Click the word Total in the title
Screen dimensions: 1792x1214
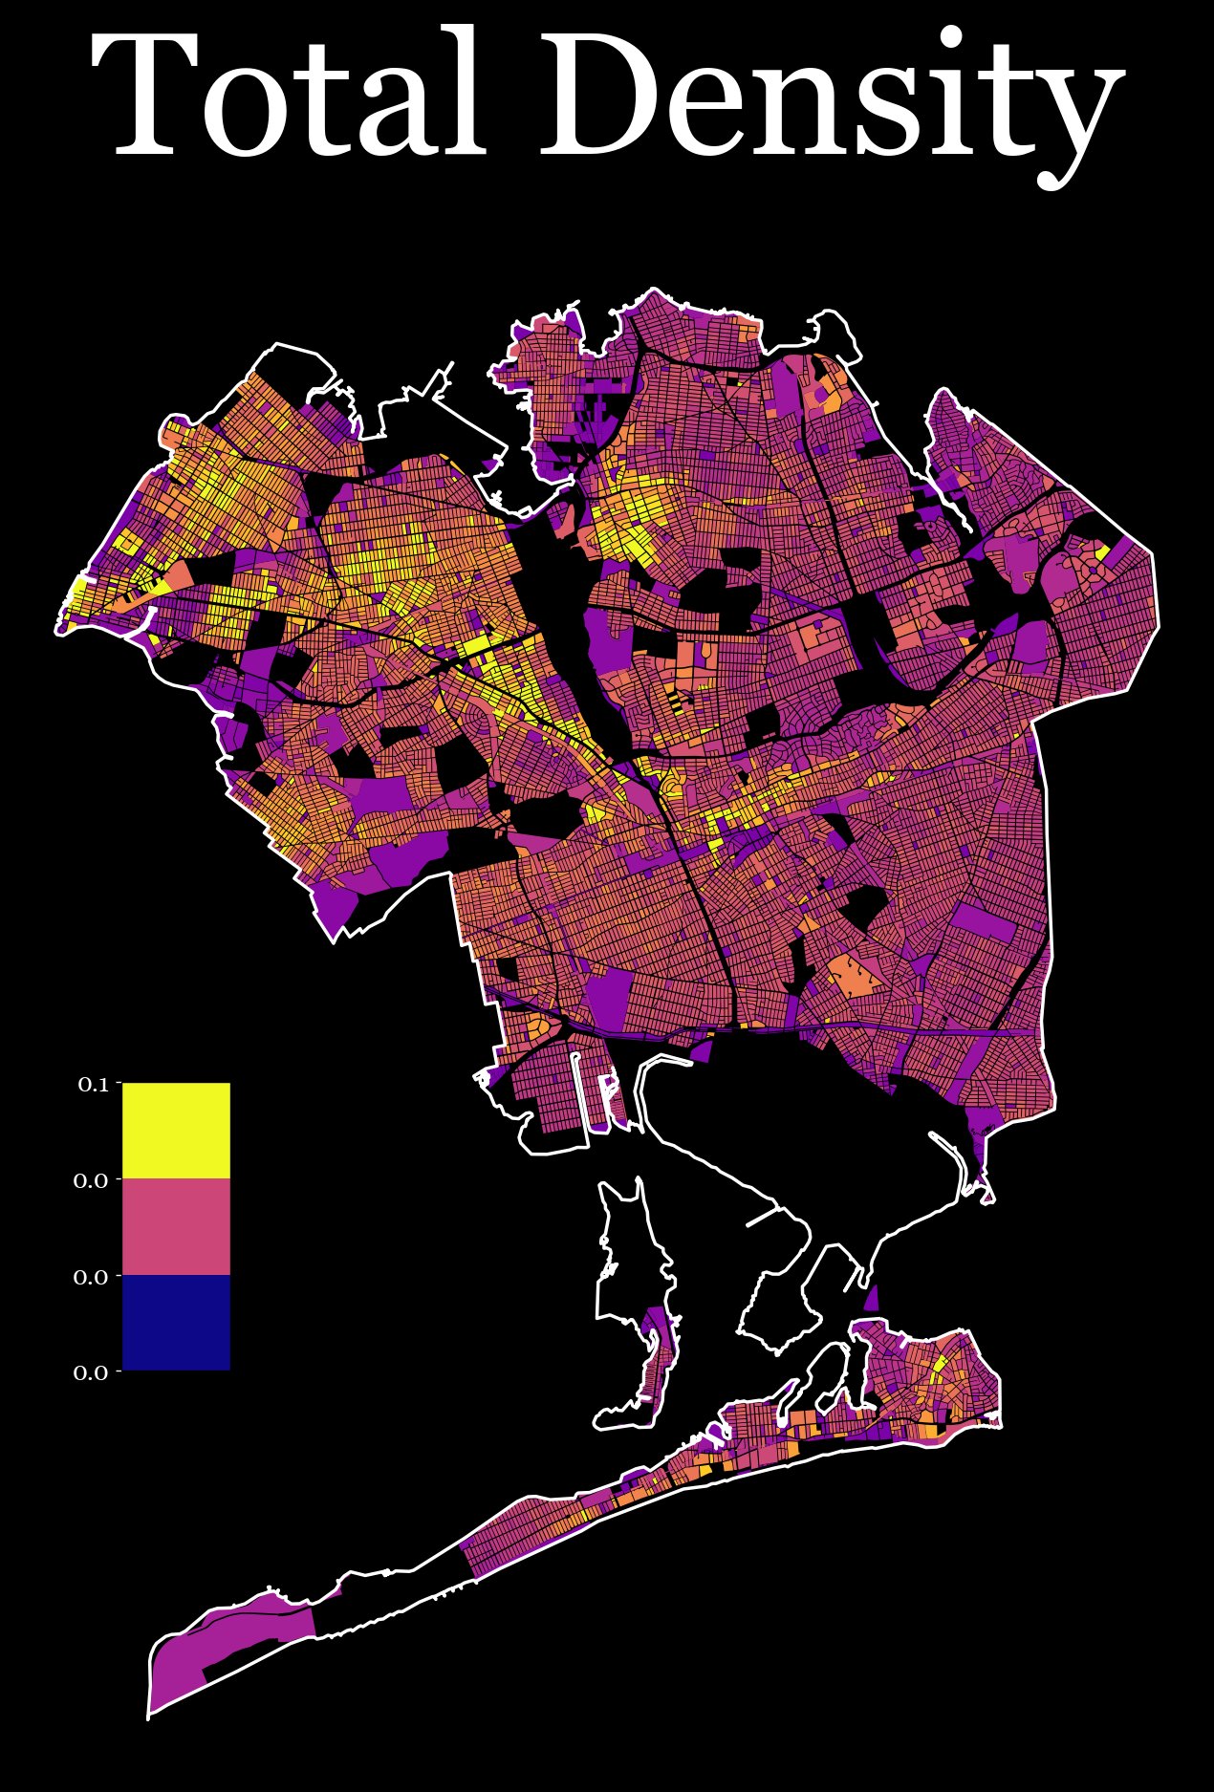coord(287,96)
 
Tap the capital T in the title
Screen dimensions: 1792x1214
coord(153,96)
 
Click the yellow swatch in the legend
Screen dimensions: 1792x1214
coord(176,1131)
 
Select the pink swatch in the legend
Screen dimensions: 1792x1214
coord(176,1226)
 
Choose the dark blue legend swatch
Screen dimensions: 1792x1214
coord(176,1322)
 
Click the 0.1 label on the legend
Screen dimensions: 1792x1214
coord(93,1084)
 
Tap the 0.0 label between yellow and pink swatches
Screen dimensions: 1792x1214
coord(91,1180)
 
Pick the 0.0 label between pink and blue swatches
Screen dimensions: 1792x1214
coord(91,1277)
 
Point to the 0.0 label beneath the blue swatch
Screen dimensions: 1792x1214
coord(91,1372)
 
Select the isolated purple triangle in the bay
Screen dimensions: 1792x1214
coord(871,1300)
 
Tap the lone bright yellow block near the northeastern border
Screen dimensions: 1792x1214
coord(1102,551)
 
